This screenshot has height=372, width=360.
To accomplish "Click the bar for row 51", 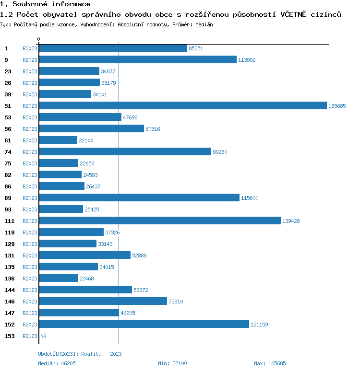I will click(x=183, y=106).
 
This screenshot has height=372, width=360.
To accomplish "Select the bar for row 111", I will click(x=160, y=221).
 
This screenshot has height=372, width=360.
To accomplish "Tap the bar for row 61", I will click(x=58, y=140).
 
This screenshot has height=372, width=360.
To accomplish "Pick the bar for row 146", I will click(x=103, y=302).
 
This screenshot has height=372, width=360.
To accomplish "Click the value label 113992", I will click(x=247, y=60).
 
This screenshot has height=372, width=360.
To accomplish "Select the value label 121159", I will click(x=259, y=325).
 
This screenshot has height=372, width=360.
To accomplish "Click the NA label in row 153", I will click(x=43, y=336).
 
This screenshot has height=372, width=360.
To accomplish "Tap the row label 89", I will click(x=8, y=198).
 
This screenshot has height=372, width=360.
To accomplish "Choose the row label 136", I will click(x=10, y=279).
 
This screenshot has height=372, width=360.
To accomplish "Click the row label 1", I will click(x=6, y=48).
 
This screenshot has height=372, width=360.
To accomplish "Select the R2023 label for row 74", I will click(x=30, y=152).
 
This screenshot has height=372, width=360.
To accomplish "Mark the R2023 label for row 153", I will click(x=30, y=336).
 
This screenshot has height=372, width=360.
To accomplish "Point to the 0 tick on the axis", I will click(x=39, y=39).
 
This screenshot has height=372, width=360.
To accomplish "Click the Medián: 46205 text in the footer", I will click(x=57, y=363).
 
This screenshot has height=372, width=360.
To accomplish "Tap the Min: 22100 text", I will click(x=172, y=363).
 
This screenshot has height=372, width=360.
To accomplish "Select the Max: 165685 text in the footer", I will click(x=270, y=363).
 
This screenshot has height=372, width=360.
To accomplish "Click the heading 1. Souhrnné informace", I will click(x=45, y=4).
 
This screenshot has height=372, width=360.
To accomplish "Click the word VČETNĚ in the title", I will click(x=294, y=14).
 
